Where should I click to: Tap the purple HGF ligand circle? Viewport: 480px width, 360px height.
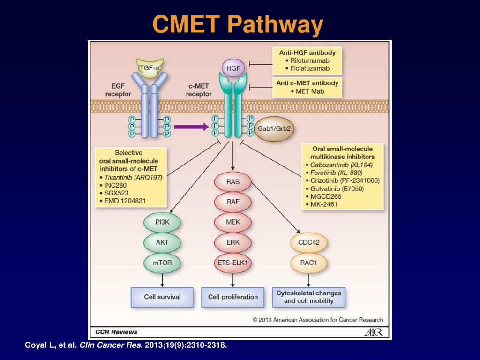[233, 68]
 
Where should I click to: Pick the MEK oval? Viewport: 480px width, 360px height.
[233, 222]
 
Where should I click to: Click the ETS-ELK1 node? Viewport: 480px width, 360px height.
[233, 262]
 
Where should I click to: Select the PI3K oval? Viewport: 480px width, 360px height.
[162, 222]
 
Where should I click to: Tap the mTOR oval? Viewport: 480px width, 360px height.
[162, 262]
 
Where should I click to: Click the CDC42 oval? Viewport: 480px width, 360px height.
[308, 243]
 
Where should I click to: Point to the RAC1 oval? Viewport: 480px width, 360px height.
[308, 262]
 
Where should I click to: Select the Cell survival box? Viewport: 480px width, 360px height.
[162, 297]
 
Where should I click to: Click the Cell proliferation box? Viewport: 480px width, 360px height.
[233, 297]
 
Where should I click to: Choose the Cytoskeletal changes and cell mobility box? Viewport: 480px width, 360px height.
[308, 297]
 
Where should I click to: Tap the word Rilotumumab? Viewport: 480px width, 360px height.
[310, 61]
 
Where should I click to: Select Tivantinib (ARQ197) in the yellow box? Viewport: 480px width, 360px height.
[132, 177]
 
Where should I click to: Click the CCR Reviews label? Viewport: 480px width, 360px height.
[116, 332]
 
